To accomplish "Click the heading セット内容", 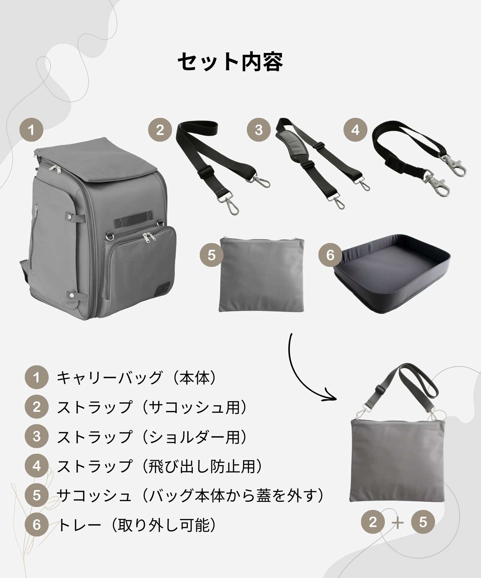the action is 230,61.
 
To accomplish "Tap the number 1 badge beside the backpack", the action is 31,130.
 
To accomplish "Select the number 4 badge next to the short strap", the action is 355,130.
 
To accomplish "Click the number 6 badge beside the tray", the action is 330,255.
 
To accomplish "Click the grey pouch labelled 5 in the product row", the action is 262,275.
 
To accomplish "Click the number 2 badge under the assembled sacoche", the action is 373,522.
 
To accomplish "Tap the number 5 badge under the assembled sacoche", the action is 423,522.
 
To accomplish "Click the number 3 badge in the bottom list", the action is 37,436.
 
